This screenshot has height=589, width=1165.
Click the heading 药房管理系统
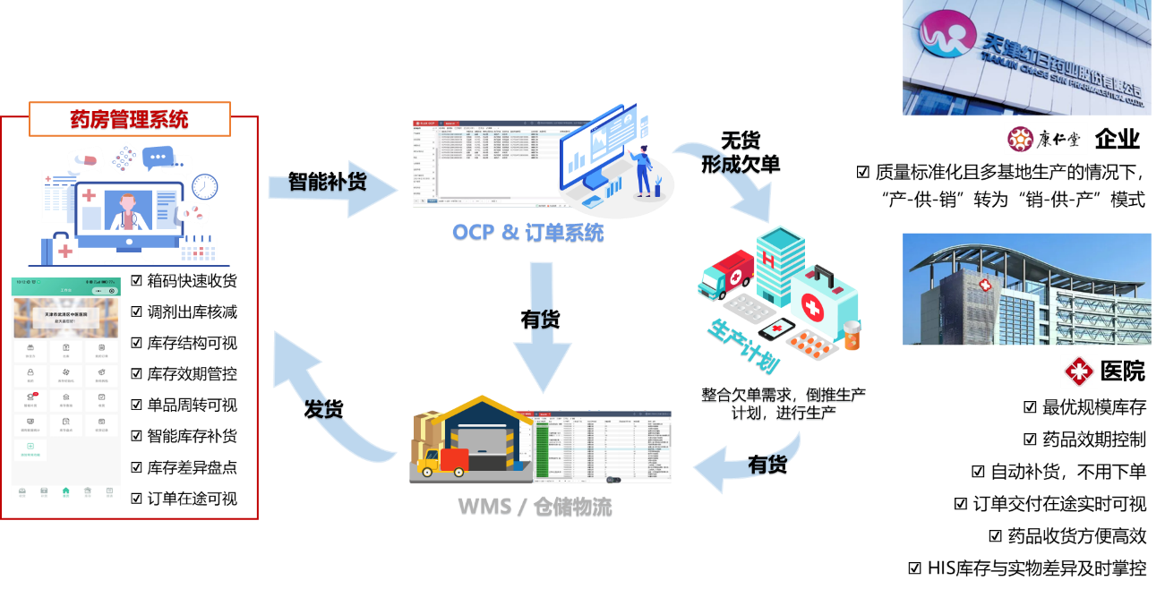click(x=130, y=119)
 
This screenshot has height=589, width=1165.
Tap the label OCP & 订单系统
click(x=527, y=233)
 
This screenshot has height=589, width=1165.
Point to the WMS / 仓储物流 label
click(x=535, y=507)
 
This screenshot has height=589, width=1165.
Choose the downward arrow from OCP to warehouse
click(x=541, y=331)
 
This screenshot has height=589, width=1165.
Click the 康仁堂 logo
click(x=1045, y=139)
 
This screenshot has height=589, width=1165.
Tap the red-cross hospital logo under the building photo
click(x=1079, y=371)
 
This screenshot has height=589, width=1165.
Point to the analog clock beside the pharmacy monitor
click(x=205, y=186)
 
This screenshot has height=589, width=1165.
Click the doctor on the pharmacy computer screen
click(x=126, y=211)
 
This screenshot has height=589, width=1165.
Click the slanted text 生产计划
click(x=744, y=345)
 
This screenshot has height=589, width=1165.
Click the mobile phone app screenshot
click(x=65, y=388)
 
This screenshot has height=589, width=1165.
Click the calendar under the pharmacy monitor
click(x=198, y=250)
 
